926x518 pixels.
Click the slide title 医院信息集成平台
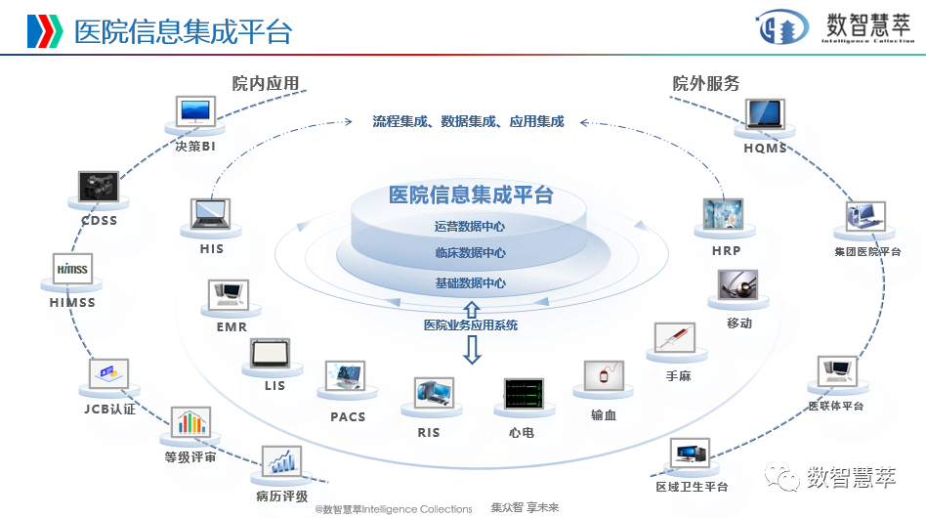coord(183,31)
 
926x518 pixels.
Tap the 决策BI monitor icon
coord(195,110)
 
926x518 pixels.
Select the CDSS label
coord(99,221)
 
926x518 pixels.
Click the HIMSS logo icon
coord(72,269)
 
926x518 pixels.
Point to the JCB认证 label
coord(109,410)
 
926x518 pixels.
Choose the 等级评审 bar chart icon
coord(190,423)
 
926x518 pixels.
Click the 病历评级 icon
coord(281,461)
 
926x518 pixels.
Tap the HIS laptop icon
coord(211,213)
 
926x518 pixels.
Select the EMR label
coord(231,327)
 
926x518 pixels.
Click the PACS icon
coord(347,377)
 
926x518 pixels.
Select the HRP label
coord(726,251)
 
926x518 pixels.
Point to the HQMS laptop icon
coord(764,114)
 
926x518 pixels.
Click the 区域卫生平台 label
coord(692,487)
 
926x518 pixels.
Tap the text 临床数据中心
coord(471,253)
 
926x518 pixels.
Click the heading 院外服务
coord(705,83)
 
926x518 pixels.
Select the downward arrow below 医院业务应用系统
coord(472,349)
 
